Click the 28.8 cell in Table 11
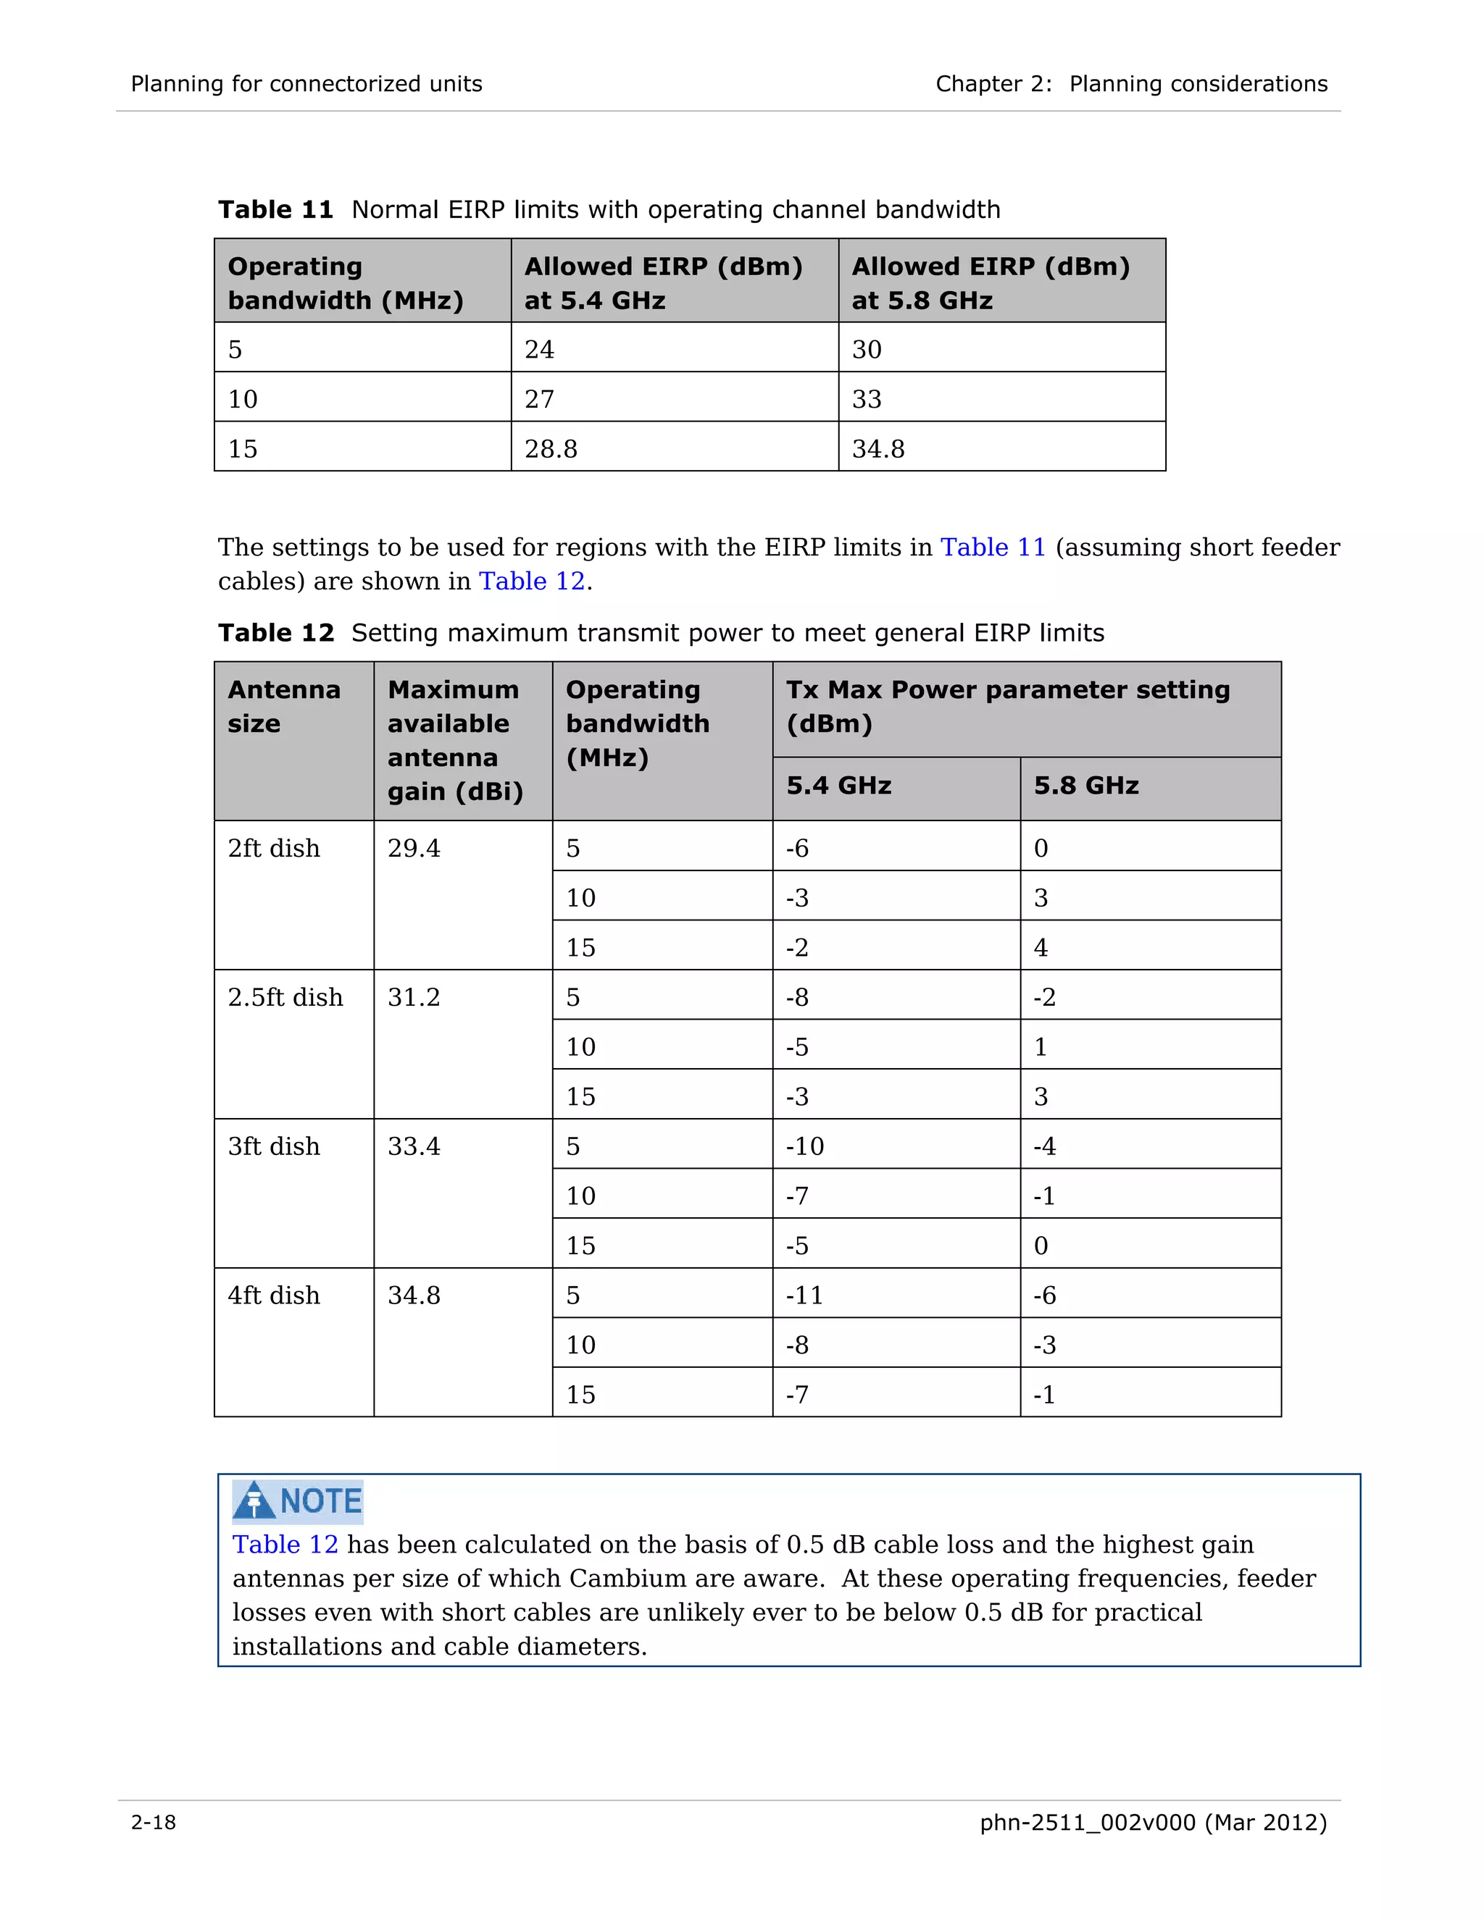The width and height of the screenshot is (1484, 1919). [x=551, y=449]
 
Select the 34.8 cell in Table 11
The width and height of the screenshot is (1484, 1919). [x=878, y=449]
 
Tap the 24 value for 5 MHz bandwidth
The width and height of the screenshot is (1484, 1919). [x=540, y=350]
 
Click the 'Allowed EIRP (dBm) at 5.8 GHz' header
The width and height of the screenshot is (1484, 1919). [x=991, y=283]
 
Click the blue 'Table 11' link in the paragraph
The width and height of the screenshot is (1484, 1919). [x=993, y=547]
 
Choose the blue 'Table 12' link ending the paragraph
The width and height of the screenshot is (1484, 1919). [x=531, y=581]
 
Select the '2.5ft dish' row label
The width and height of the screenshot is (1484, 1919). [x=285, y=997]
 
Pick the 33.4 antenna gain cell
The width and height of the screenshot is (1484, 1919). [x=414, y=1146]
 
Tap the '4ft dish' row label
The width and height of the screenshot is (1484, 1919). [x=273, y=1296]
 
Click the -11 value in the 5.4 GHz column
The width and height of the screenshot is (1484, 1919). [x=804, y=1296]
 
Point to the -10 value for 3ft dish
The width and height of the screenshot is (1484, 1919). [x=804, y=1146]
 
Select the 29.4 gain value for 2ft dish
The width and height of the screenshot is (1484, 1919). [x=414, y=849]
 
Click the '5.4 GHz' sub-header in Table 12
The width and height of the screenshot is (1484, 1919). [x=838, y=786]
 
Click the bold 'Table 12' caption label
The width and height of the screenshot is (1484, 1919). [x=276, y=633]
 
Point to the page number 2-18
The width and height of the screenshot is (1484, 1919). [x=154, y=1823]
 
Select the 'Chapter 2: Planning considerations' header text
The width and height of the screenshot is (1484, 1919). [x=1130, y=83]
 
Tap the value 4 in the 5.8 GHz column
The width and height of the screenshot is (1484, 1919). [x=1041, y=948]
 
